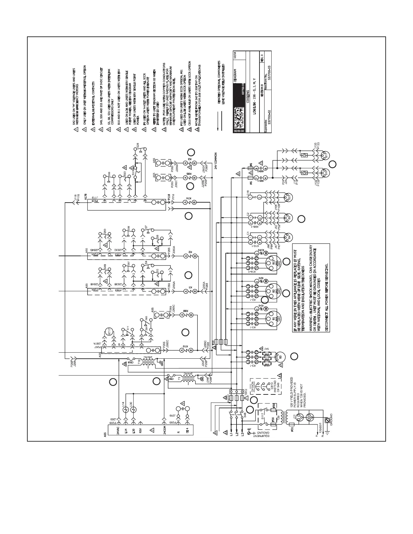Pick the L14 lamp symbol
click(x=126, y=410)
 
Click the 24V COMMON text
click(x=216, y=161)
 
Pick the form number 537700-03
click(x=269, y=71)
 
